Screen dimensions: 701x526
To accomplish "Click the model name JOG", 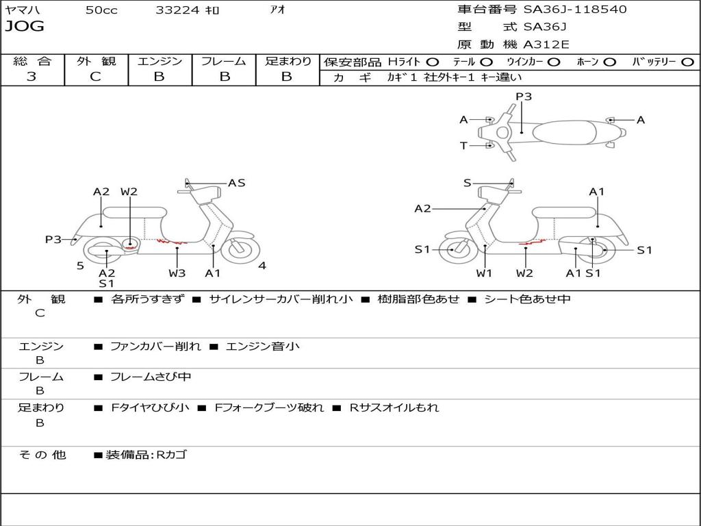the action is point(25,27).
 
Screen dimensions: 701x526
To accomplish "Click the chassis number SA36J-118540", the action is point(575,10).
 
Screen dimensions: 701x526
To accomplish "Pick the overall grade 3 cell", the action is point(31,77).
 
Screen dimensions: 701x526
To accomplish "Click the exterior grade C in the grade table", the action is point(95,77).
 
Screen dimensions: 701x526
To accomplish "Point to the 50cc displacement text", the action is point(101,10).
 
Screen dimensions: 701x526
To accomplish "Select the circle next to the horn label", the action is point(610,62).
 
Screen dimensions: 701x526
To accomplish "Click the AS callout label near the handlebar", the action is point(236,183).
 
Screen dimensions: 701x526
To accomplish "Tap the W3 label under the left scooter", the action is point(177,273).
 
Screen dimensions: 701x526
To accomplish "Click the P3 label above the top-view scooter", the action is point(524,97).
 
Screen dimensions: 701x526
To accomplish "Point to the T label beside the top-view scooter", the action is point(463,145).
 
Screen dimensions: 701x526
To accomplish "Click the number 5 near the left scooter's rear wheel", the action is point(80,266).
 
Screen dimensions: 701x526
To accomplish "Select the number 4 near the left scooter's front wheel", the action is point(262,266).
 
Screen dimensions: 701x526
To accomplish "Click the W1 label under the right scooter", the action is point(484,273).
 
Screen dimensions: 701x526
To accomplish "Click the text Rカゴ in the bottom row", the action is point(172,455).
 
